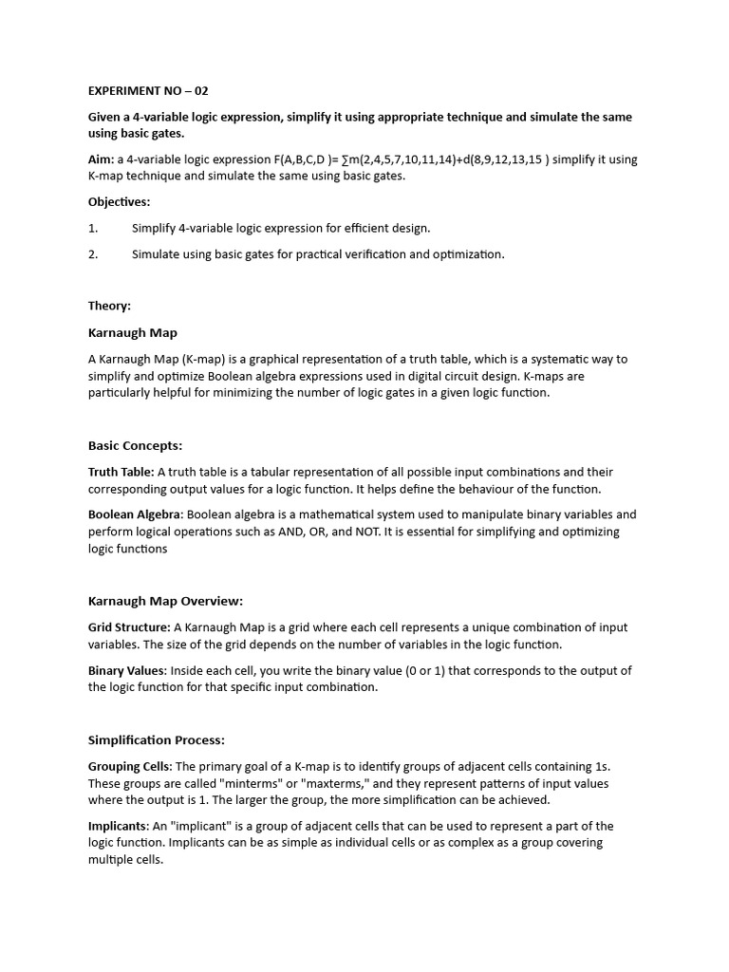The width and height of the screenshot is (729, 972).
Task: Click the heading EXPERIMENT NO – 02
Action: (x=148, y=91)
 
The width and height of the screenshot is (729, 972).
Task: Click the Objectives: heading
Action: (x=120, y=202)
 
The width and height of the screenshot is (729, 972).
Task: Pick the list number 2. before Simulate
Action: (x=93, y=254)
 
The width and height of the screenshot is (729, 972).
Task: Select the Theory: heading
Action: (x=109, y=307)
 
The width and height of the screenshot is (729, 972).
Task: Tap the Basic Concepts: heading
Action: (x=135, y=445)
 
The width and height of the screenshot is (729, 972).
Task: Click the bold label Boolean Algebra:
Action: (x=137, y=514)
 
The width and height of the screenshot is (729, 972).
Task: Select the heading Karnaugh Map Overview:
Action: (x=165, y=601)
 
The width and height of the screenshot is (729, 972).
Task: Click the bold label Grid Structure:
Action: (x=129, y=627)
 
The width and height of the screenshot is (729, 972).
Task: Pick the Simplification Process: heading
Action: (x=156, y=739)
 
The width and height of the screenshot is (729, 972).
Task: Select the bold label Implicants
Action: (x=118, y=826)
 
